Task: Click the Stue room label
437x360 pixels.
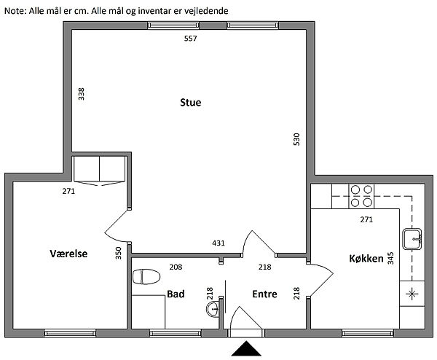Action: pos(190,102)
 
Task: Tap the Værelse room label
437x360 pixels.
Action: pos(68,254)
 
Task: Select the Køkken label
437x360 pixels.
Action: pos(366,259)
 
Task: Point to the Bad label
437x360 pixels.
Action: pos(176,294)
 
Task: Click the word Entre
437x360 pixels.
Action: pos(264,294)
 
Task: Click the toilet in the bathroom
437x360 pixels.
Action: pos(146,277)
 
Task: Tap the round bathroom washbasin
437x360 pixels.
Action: pos(213,309)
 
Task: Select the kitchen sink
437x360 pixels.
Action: pos(412,239)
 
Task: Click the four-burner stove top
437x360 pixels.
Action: pos(361,196)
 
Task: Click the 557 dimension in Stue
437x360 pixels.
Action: pos(190,39)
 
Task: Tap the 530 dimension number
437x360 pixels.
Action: pos(296,139)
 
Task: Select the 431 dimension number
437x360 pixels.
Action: pos(219,243)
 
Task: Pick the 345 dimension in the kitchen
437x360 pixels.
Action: pos(390,258)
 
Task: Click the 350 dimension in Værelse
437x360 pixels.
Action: pos(119,253)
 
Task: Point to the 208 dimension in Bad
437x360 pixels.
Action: pos(176,267)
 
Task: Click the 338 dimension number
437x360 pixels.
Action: pos(81,94)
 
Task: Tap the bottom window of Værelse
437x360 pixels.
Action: pos(70,333)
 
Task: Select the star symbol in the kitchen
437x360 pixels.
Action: pos(412,294)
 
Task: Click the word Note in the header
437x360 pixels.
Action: pos(15,11)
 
